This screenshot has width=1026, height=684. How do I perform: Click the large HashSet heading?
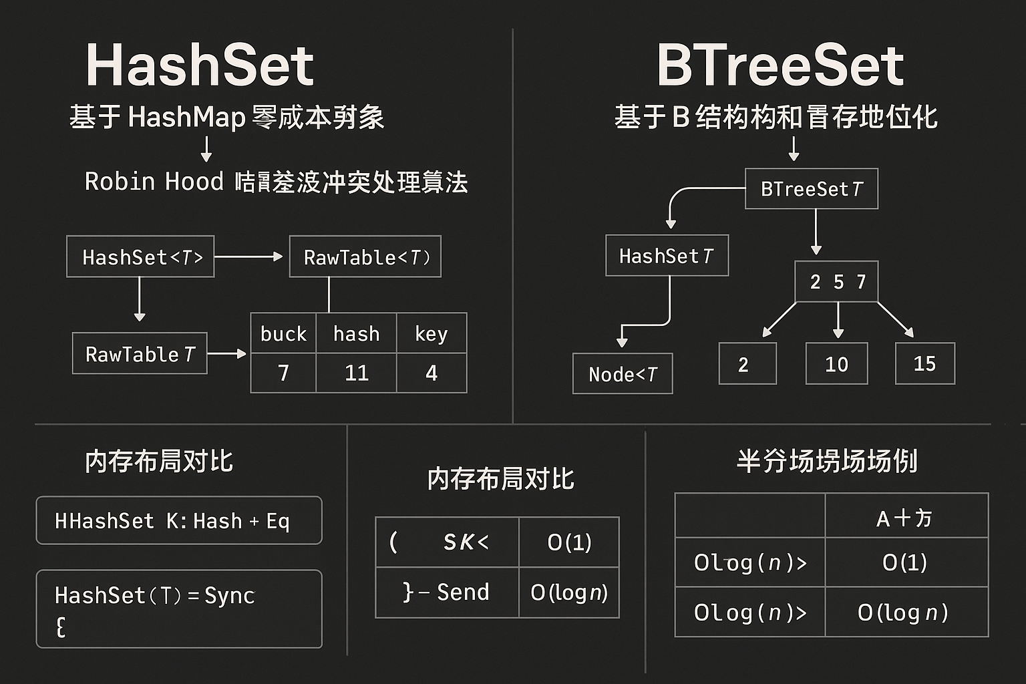click(200, 65)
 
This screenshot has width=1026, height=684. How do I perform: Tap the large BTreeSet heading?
click(780, 65)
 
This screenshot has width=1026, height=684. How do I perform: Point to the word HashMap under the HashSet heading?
click(187, 118)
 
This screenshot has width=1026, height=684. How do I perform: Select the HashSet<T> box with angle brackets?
click(140, 256)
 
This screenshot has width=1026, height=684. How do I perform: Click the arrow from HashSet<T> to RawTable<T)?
click(248, 256)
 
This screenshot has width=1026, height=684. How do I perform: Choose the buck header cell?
click(283, 333)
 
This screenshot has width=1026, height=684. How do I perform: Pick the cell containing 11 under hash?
click(356, 373)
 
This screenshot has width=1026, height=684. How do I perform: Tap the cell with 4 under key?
click(432, 373)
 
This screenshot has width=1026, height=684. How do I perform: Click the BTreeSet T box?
click(811, 189)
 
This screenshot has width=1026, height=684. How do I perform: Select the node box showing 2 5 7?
click(836, 282)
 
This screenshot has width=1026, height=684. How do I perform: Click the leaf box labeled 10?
click(836, 364)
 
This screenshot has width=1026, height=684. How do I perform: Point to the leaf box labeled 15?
click(924, 364)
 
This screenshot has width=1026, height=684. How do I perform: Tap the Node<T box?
click(623, 374)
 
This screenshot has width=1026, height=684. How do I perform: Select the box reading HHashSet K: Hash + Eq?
click(179, 520)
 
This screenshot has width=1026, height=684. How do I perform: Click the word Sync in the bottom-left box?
click(229, 595)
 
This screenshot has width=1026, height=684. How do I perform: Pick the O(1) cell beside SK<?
click(569, 542)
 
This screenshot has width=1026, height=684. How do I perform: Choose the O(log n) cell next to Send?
click(569, 592)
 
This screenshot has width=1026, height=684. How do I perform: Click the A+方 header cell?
click(906, 517)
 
